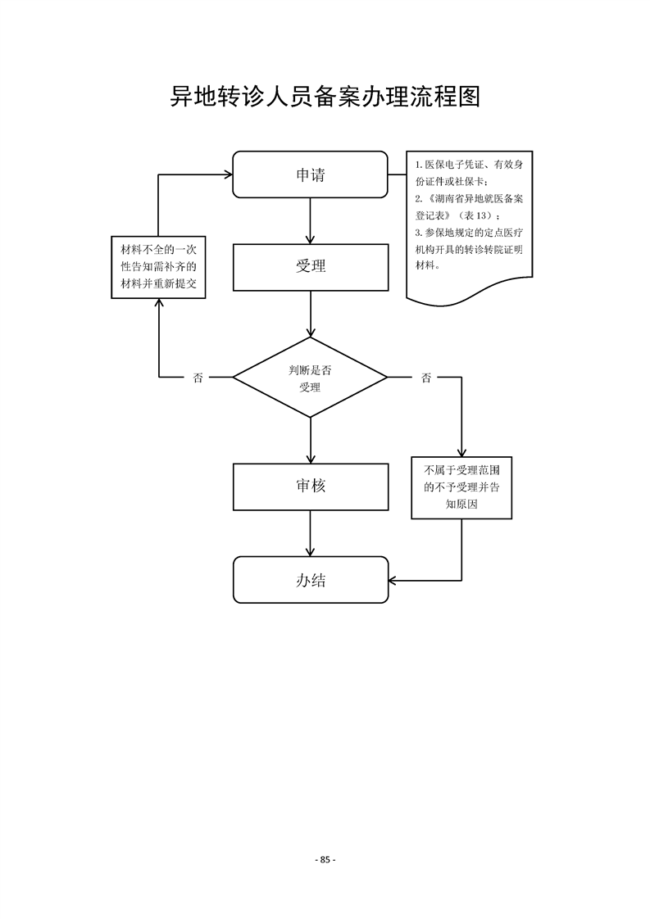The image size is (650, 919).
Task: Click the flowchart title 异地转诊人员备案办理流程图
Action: click(324, 97)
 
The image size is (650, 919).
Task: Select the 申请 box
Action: click(310, 174)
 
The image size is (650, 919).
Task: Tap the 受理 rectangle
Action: click(310, 266)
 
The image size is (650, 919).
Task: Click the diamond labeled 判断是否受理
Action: click(310, 378)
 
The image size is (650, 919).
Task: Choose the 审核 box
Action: click(310, 486)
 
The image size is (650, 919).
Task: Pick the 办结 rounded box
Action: click(310, 580)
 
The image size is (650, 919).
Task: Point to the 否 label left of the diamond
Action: click(198, 378)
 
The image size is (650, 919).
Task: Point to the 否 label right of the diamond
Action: click(426, 378)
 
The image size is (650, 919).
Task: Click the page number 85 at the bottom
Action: click(325, 859)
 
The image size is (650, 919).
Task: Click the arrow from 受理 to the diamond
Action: click(310, 314)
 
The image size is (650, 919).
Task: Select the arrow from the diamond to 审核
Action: click(310, 441)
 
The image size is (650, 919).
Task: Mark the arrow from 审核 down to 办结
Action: click(310, 533)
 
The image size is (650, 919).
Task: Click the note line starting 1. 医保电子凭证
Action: click(469, 165)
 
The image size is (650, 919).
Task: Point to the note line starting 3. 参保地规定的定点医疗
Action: click(469, 233)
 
